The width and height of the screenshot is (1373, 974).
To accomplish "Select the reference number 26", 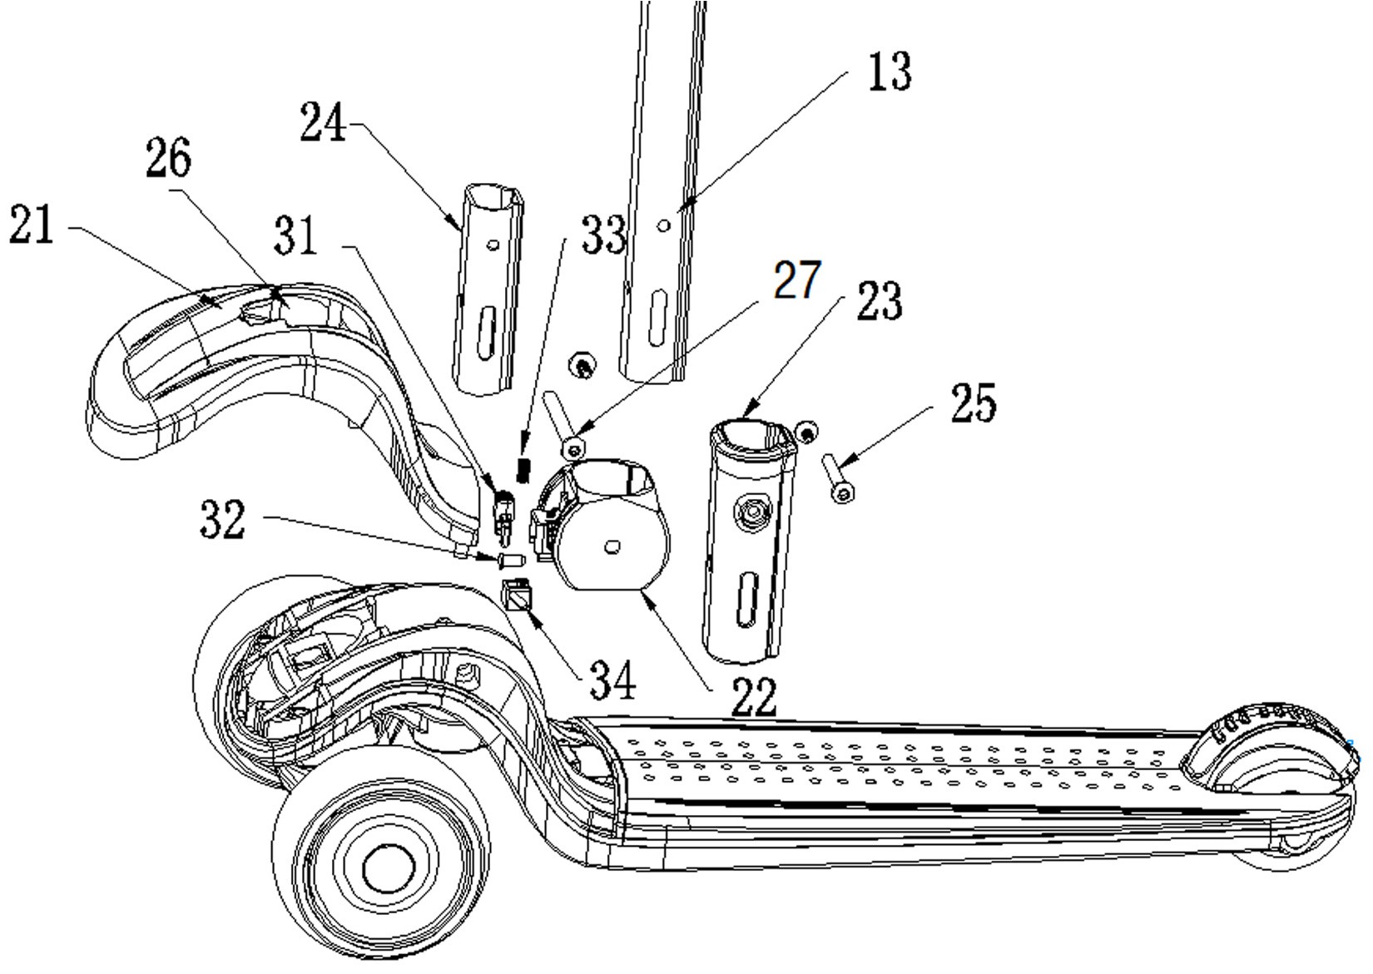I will [x=169, y=159].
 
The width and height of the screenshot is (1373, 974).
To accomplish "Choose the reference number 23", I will [x=879, y=301].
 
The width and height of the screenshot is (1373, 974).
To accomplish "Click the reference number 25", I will [x=972, y=404].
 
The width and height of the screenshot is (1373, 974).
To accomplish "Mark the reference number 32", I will [x=223, y=521].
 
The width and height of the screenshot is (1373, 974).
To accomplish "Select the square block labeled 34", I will [x=517, y=594].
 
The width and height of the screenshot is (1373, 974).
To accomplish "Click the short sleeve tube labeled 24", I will [x=487, y=291].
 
